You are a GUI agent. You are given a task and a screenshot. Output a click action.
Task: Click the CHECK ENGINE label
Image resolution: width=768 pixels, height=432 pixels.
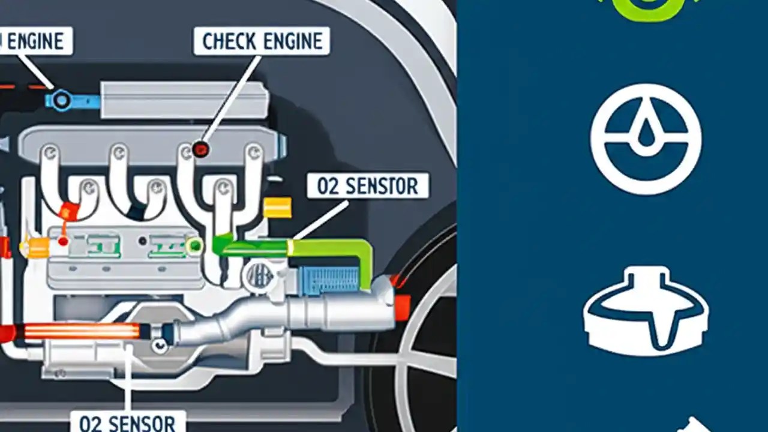click(x=262, y=41)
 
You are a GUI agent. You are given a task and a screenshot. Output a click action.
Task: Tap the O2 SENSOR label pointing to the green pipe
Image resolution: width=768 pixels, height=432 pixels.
click(x=367, y=186)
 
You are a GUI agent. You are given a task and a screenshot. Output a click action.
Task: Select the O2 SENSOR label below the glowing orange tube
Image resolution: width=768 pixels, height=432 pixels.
click(x=127, y=421)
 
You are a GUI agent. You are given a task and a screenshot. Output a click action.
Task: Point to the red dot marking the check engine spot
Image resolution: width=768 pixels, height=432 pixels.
click(x=200, y=149)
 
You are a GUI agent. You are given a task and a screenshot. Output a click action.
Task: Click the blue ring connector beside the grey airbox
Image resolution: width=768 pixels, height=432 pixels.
click(x=61, y=100)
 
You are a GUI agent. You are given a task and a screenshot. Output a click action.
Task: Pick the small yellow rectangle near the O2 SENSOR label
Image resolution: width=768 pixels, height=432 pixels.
click(x=277, y=208)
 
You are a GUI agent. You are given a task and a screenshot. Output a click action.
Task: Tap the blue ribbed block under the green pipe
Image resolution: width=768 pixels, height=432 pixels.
click(x=329, y=280)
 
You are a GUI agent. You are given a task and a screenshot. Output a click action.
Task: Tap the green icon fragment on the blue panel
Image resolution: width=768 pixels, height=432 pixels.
click(x=647, y=8)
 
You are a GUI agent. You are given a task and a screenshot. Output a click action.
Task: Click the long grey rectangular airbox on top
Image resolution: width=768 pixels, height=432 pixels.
click(x=184, y=99)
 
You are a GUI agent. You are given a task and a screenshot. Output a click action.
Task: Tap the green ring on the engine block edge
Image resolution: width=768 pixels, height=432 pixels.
click(x=194, y=245)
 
